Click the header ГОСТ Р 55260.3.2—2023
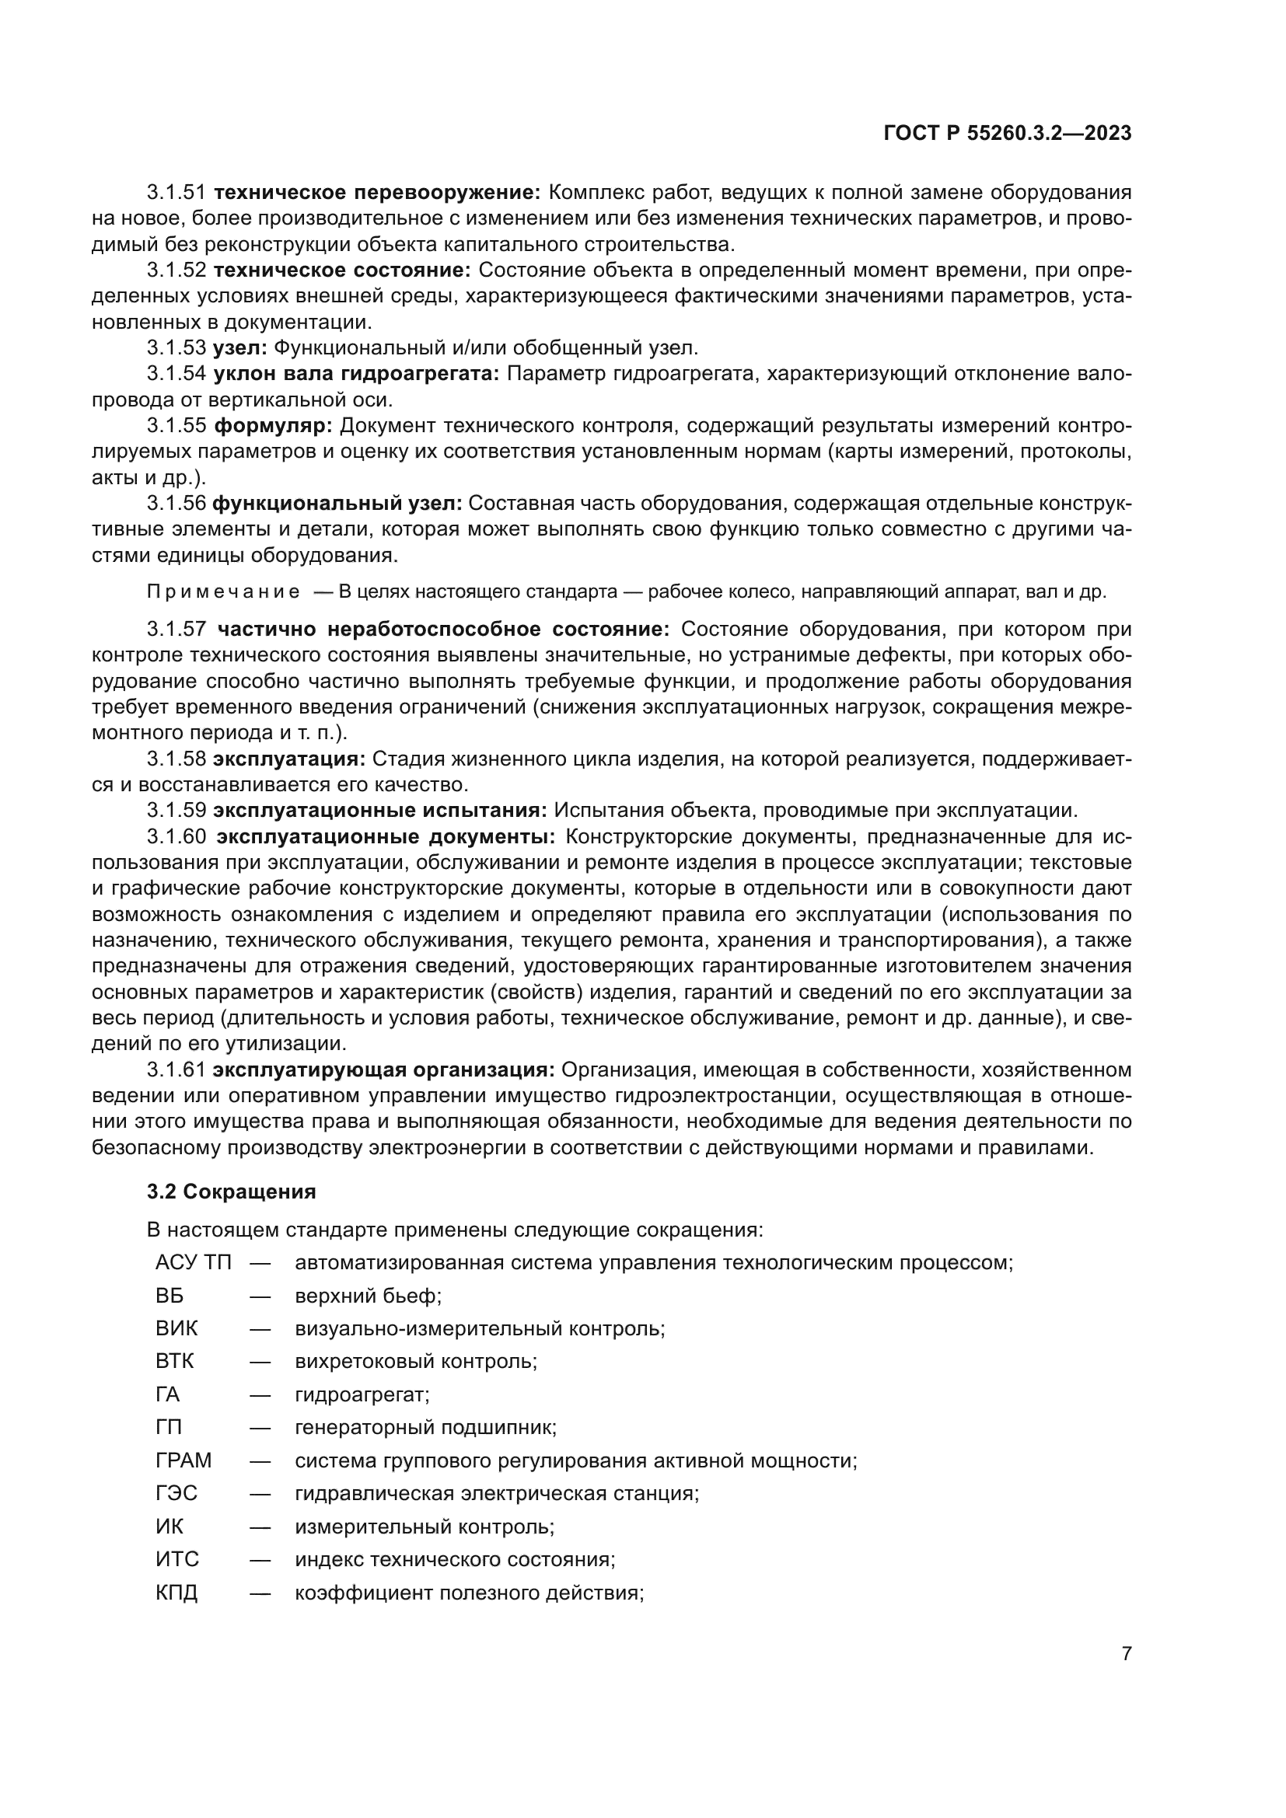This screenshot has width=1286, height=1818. tap(1006, 134)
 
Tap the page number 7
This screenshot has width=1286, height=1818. tap(1127, 1653)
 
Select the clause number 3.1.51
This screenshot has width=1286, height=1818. tap(176, 193)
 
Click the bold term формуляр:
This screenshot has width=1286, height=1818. tap(273, 426)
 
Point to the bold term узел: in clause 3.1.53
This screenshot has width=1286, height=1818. tap(240, 347)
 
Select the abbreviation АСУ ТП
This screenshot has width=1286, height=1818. tap(194, 1262)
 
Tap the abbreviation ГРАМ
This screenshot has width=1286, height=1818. tap(183, 1460)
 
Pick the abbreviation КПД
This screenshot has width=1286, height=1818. tap(176, 1593)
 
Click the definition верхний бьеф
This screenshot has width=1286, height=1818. tap(369, 1296)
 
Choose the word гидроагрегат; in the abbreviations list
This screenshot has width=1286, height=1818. tap(362, 1394)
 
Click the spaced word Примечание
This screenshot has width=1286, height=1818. tap(223, 592)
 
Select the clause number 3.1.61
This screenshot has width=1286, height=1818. tap(176, 1070)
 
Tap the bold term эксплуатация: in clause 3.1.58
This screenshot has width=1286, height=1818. tap(289, 759)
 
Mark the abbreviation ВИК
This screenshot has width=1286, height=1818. tap(176, 1328)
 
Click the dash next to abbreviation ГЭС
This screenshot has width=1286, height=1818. tap(260, 1493)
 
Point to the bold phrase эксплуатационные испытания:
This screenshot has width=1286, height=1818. tap(380, 811)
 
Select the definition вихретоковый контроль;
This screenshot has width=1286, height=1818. tap(416, 1361)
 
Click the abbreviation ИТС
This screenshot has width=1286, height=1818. tap(177, 1559)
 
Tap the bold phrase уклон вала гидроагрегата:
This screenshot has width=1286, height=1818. tap(356, 374)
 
